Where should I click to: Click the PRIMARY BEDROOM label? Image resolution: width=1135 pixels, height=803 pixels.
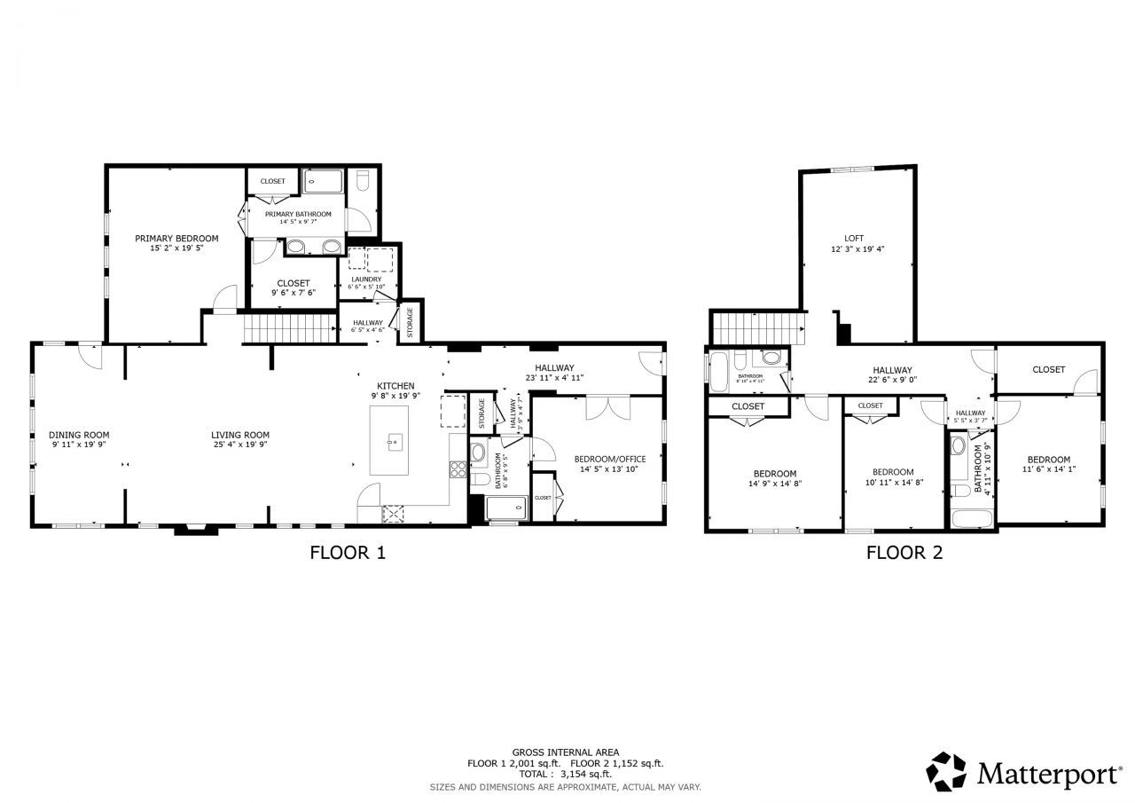(x=176, y=239)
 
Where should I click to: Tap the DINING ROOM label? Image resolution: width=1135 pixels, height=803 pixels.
(x=79, y=435)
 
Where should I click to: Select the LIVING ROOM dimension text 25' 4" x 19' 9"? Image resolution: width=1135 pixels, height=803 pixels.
(x=239, y=445)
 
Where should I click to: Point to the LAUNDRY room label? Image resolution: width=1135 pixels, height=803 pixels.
(x=366, y=279)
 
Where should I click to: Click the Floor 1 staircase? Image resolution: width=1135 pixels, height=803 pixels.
(x=292, y=329)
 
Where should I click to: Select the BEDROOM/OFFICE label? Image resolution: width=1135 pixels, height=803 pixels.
(x=610, y=459)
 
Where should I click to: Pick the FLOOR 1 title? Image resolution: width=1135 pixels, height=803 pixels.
(x=348, y=553)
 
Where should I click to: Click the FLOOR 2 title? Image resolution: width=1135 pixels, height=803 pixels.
(x=904, y=553)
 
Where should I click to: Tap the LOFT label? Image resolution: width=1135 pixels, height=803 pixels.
(x=854, y=239)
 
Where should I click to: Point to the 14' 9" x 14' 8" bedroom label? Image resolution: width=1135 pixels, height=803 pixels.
(x=775, y=473)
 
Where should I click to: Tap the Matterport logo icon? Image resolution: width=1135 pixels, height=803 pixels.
(x=946, y=771)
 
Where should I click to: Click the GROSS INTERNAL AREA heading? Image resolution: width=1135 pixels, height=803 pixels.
(x=565, y=752)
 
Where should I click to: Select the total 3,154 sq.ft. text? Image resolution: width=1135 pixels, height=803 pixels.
(x=565, y=774)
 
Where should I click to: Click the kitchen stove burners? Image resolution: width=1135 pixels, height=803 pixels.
(x=458, y=469)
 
